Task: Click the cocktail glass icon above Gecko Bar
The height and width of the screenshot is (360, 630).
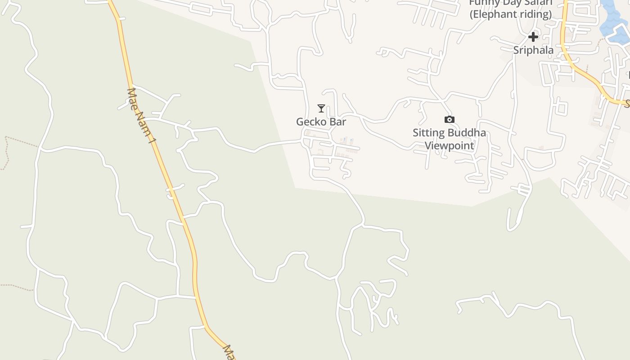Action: pos(321,108)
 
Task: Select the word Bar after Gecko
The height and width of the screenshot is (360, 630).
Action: pos(338,121)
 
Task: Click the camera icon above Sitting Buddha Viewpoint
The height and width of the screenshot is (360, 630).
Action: pos(449,119)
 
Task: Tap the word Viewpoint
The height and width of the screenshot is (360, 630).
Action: pos(449,146)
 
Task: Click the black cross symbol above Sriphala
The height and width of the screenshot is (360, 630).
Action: pos(533,36)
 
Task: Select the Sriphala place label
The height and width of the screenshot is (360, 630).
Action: pos(533,50)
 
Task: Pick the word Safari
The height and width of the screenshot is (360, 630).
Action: pos(537,3)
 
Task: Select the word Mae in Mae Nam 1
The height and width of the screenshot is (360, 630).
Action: pos(132,96)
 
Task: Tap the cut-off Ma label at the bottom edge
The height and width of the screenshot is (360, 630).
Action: pos(229,352)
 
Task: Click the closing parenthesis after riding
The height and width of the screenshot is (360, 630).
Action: pos(550,14)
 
